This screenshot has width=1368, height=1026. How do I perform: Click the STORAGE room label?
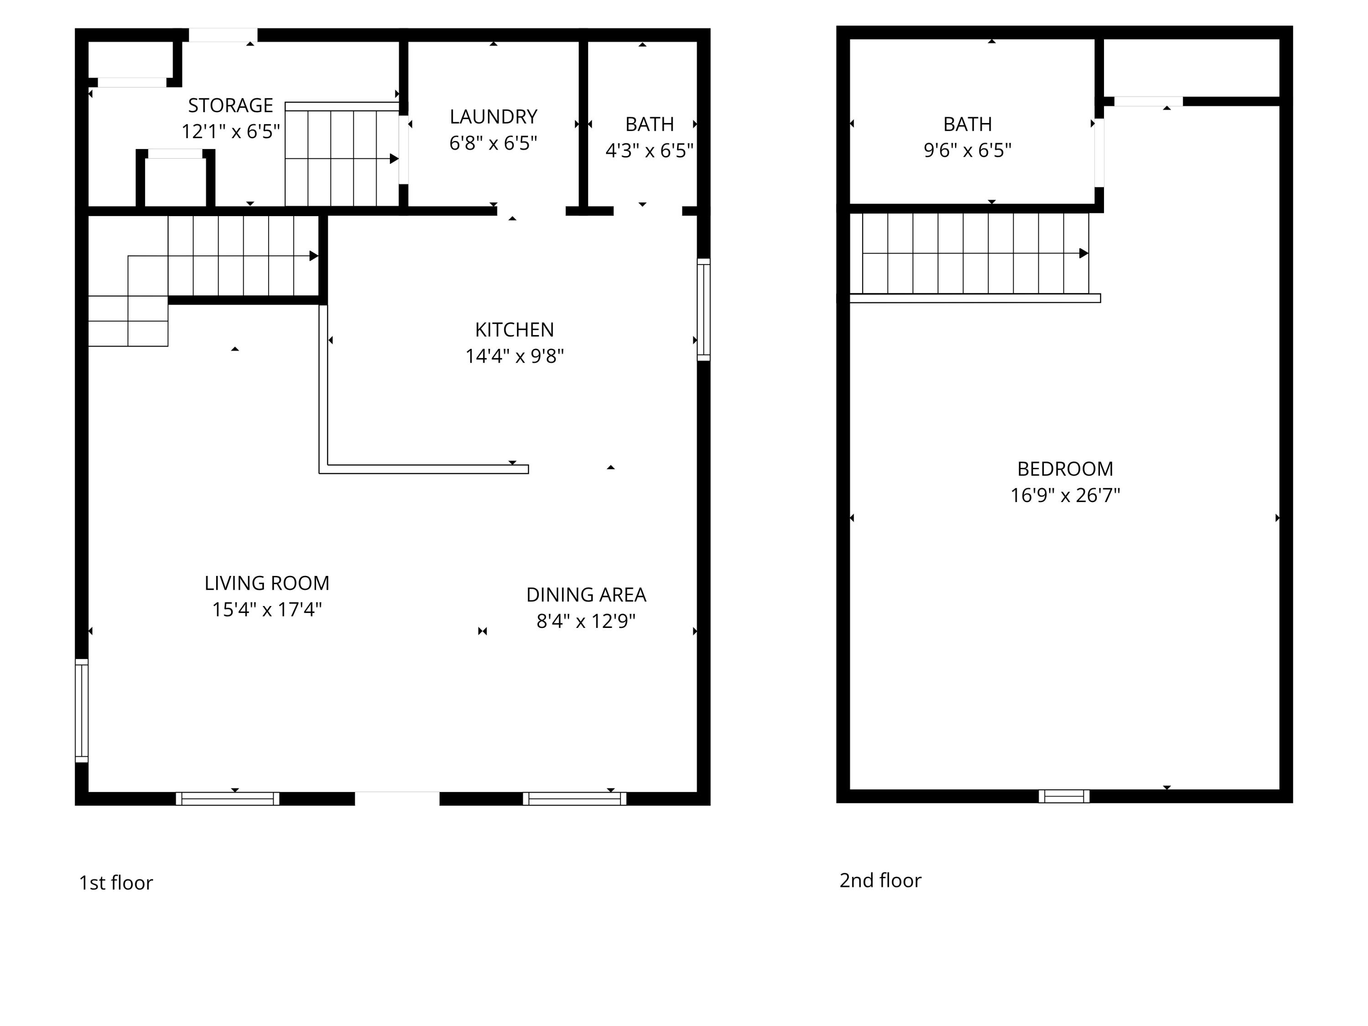[230, 106]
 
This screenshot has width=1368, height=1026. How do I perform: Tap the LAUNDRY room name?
[493, 117]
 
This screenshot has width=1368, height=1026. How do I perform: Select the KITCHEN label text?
[514, 330]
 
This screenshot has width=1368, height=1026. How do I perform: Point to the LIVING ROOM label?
[267, 583]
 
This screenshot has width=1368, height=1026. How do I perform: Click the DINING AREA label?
[586, 595]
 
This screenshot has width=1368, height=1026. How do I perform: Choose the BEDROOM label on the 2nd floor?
[1065, 469]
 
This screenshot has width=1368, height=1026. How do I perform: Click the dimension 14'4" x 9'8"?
[514, 356]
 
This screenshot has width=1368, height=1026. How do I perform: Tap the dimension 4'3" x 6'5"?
[649, 151]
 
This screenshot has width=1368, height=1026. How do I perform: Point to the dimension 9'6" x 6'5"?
[967, 150]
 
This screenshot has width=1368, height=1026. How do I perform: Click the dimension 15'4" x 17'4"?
[267, 610]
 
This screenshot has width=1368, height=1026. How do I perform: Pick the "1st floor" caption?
[116, 882]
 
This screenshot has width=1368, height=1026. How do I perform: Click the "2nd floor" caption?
[880, 880]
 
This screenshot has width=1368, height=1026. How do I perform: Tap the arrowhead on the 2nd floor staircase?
[1083, 254]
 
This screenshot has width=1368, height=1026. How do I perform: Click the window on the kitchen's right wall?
[703, 309]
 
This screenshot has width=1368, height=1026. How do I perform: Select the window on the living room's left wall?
[82, 710]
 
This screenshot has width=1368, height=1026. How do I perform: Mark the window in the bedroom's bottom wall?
[1064, 796]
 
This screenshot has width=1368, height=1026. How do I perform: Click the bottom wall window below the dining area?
[575, 799]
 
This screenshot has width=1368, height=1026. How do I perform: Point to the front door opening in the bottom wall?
[397, 799]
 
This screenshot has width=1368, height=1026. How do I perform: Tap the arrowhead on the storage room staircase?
[394, 159]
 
